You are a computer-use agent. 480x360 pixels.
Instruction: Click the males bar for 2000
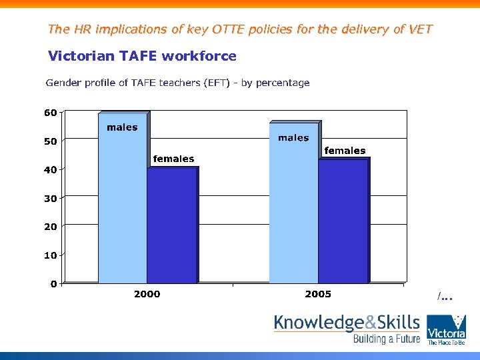(123, 200)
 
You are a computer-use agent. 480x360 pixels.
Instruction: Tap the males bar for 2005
(293, 203)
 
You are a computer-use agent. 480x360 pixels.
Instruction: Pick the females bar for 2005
(343, 221)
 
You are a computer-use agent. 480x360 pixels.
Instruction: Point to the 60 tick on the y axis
(51, 113)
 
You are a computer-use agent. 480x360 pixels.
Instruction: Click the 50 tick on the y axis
(51, 141)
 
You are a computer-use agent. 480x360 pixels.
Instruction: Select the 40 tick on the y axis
(51, 170)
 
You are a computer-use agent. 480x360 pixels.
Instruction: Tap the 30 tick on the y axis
(51, 199)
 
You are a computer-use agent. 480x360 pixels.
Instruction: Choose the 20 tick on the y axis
(51, 227)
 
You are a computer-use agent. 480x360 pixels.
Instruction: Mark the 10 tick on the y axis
(51, 255)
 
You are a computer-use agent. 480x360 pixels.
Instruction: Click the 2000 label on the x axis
(147, 294)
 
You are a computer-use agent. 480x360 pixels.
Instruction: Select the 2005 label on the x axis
(318, 294)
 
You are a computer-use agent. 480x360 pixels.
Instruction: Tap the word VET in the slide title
(419, 29)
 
